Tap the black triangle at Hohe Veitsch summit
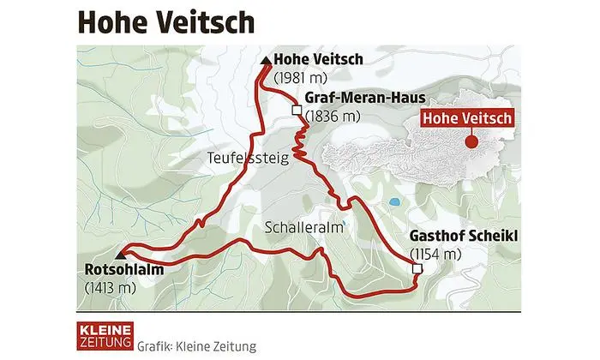click(266, 60)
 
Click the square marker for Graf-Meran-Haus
click(296, 111)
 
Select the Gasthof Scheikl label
click(459, 236)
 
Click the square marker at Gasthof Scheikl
click(417, 269)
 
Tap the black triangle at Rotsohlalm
click(122, 255)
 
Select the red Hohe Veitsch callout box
click(468, 119)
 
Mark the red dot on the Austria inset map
click(469, 143)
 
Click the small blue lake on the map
click(394, 203)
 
